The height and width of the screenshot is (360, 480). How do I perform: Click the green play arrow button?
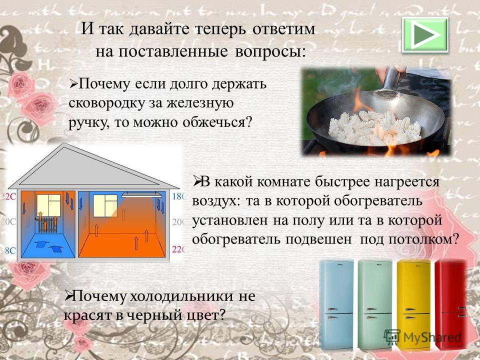pyautogui.click(x=425, y=34)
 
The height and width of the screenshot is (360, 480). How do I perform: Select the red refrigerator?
pyautogui.click(x=451, y=304)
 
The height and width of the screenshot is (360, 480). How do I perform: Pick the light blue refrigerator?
pyautogui.click(x=336, y=304)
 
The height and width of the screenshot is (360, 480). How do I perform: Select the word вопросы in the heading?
pyautogui.click(x=270, y=51)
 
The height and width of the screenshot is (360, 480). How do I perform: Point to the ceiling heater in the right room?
pyautogui.click(x=141, y=194)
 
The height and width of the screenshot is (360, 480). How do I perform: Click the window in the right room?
pyautogui.click(x=105, y=206)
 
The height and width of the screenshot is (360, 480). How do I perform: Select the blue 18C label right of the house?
pyautogui.click(x=178, y=196)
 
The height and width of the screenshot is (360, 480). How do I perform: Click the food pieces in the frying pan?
pyautogui.click(x=374, y=128)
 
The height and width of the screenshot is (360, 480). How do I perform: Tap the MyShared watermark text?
pyautogui.click(x=431, y=337)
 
